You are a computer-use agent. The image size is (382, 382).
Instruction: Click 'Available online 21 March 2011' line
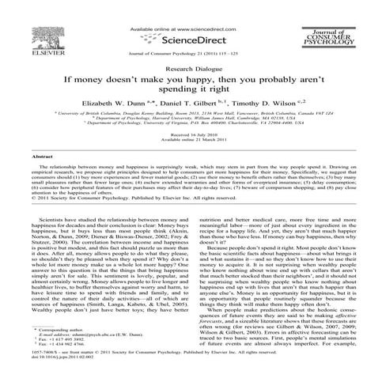[190, 142]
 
